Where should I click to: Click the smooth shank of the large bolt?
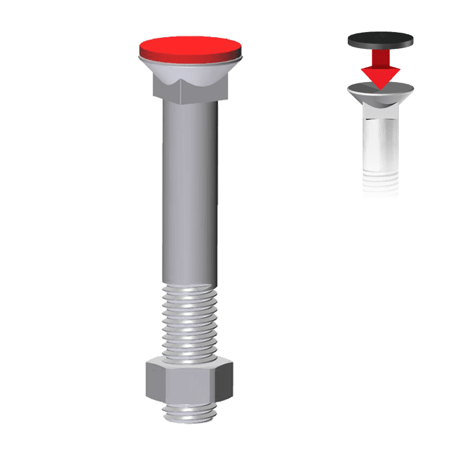click(x=189, y=189)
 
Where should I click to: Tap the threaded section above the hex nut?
click(x=189, y=321)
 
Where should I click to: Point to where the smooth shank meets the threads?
click(x=189, y=285)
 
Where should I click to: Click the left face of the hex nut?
click(x=154, y=382)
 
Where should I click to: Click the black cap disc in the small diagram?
click(x=380, y=40)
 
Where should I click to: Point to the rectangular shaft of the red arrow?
click(x=380, y=57)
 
